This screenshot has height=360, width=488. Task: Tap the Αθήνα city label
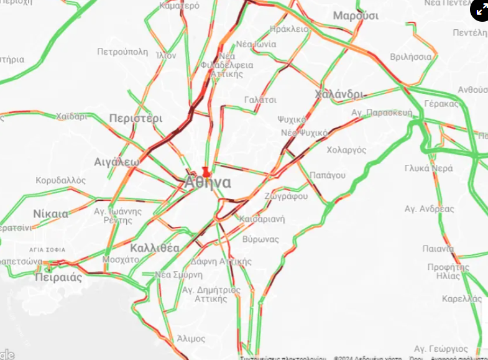208,183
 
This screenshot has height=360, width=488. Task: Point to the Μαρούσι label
356,16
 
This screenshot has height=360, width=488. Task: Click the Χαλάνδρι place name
339,94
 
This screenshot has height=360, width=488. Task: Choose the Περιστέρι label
136,118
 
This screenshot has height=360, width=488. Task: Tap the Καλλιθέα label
155,248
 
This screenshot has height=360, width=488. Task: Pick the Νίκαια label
51,214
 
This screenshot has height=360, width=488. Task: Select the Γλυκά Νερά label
428,168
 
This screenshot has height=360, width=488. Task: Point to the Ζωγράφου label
286,196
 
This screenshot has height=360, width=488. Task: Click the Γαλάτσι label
260,99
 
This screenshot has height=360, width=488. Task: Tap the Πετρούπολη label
122,52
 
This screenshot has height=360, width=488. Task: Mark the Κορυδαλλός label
60,180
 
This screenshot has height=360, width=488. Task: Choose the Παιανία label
438,249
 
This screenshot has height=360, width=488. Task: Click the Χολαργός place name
346,150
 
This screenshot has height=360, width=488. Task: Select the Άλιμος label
191,338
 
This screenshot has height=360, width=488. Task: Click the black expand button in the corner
479,10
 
